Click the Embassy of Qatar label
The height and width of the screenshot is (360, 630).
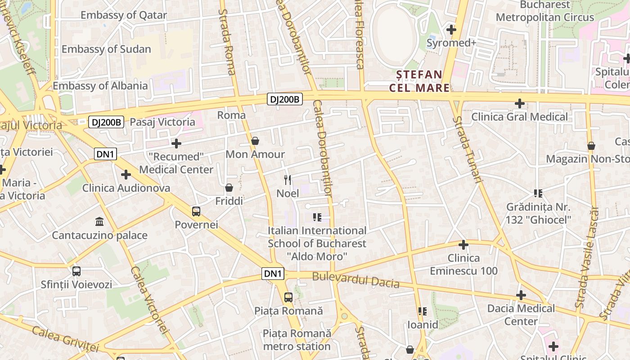pos(123,15)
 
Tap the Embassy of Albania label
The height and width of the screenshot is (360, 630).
pos(100,85)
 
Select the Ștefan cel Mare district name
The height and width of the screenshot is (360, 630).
pos(419,81)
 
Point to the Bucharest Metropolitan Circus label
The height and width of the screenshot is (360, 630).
pos(545,11)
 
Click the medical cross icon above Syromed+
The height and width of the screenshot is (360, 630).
pos(451,30)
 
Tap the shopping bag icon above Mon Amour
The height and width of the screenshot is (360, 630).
pos(255,141)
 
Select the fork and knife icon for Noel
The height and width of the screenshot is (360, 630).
pos(288,180)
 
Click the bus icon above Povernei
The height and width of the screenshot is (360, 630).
pos(196,211)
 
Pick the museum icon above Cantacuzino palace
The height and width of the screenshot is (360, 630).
pos(99,222)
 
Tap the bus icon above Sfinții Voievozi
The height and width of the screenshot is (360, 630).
pos(76,271)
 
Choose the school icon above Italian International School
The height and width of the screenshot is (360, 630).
pos(317,217)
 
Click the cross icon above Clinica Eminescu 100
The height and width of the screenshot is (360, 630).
pos(463,245)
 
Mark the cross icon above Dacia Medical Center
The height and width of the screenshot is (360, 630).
pos(521,295)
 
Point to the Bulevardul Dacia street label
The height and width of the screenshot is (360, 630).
pos(355,280)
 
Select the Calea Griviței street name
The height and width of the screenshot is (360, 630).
pos(65,338)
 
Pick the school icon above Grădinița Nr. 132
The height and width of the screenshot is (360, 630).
pos(538,193)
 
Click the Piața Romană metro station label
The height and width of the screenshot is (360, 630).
pos(297,340)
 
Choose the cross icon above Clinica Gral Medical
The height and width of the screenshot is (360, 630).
pos(520,103)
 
